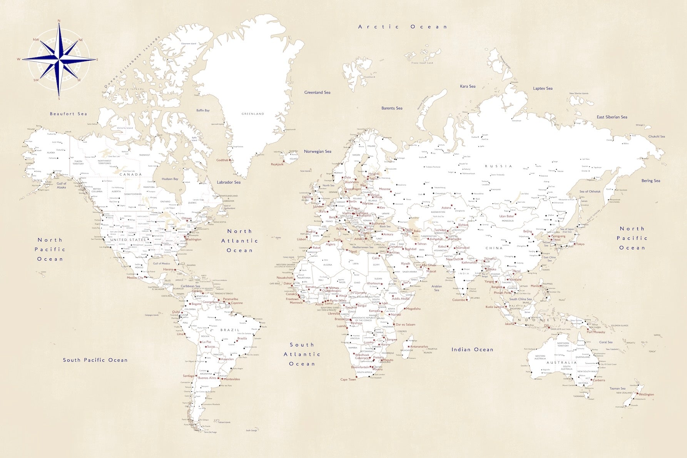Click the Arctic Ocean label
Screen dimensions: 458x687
coord(402,27)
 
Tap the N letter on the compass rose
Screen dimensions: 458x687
coord(59,21)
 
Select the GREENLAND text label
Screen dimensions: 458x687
coord(253,114)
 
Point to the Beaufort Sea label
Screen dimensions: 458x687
coord(69,114)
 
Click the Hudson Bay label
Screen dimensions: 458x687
coord(170,179)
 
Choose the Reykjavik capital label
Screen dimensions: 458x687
coord(277,164)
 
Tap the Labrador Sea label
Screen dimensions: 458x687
coord(229,182)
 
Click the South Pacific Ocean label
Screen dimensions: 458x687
coord(95,360)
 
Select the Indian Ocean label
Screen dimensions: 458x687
coord(472,349)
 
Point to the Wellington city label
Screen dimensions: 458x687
coord(646,394)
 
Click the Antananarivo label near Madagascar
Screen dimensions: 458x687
coord(419,347)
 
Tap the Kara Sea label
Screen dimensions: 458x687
coord(468,87)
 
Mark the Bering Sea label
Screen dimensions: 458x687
coord(651,181)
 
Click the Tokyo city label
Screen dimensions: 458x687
coord(580,244)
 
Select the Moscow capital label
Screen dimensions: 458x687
coord(385,189)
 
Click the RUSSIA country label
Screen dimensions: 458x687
coord(499,166)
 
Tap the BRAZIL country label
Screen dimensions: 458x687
coord(230,330)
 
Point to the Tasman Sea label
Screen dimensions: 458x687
coord(617,389)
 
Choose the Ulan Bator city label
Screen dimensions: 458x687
coord(506,216)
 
